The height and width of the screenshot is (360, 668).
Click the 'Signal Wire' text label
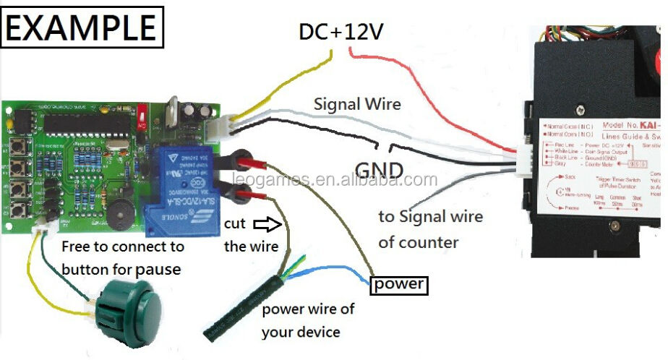click(357, 103)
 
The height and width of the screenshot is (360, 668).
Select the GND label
click(378, 171)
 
